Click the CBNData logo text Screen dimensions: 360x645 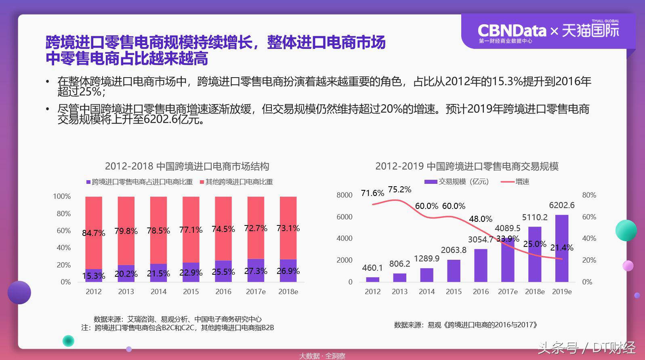pos(511,31)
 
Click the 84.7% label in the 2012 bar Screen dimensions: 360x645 pos(93,233)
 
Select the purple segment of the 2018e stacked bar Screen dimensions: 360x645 pos(288,270)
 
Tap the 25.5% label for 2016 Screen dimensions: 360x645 pos(223,272)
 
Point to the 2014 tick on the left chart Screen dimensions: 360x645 pos(158,292)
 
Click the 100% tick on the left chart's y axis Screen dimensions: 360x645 pos(62,196)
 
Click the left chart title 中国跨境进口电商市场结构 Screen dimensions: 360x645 pos(187,166)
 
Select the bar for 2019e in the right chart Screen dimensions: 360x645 pos(561,248)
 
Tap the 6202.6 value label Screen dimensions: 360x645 pos(561,205)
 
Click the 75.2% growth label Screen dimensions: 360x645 pos(399,190)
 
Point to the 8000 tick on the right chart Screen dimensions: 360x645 pos(345,195)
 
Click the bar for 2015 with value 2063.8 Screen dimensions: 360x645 pos(454,270)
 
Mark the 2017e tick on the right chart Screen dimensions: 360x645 pos(508,292)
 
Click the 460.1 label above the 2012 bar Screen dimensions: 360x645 pos(372,268)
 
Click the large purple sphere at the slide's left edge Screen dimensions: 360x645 pos(19,292)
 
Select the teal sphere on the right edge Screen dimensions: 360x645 pos(626,230)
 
